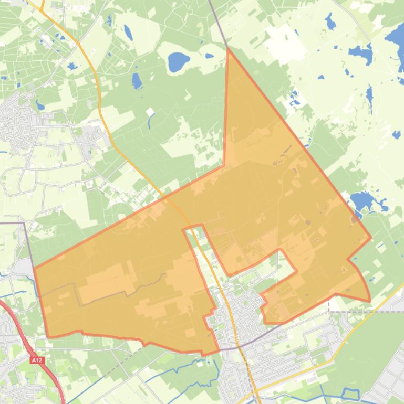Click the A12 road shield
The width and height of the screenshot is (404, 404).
coord(36,360)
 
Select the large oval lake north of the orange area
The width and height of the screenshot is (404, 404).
coord(179,62)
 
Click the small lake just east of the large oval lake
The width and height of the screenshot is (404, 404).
coord(209,56)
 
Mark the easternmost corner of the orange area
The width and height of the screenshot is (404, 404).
coord(371,237)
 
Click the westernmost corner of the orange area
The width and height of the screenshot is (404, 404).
coord(34,268)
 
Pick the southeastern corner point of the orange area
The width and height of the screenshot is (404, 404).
coord(369,301)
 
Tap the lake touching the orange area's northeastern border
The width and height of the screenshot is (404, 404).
coord(361,200)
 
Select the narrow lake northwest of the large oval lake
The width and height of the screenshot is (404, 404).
coord(128,33)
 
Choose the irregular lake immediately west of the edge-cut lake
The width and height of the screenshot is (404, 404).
coord(361,52)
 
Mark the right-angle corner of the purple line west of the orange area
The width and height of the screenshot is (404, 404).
coord(24,222)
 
